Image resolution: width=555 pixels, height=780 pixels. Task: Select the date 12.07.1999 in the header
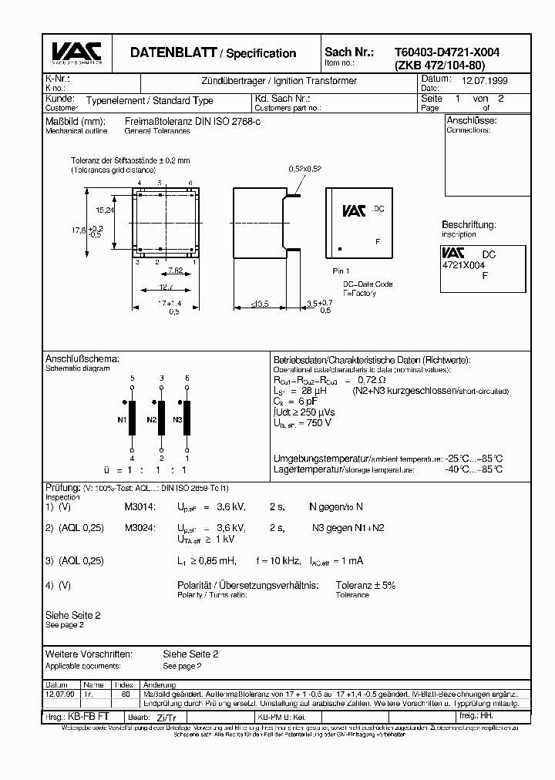(484, 80)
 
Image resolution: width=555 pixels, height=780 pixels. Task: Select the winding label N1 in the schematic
(122, 419)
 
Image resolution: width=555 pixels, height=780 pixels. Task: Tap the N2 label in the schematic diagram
(151, 419)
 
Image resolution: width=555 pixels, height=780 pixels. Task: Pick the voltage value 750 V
(317, 422)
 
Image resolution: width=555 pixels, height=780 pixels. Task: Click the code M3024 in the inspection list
(140, 528)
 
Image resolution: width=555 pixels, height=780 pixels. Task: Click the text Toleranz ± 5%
(365, 585)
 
